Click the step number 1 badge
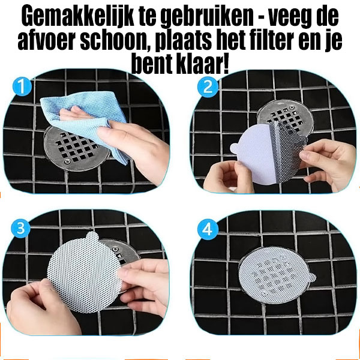pos(21,88)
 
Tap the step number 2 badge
pos(208,88)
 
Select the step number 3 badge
pos(21,228)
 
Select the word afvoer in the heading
pos(46,41)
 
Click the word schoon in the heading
pos(113,41)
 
